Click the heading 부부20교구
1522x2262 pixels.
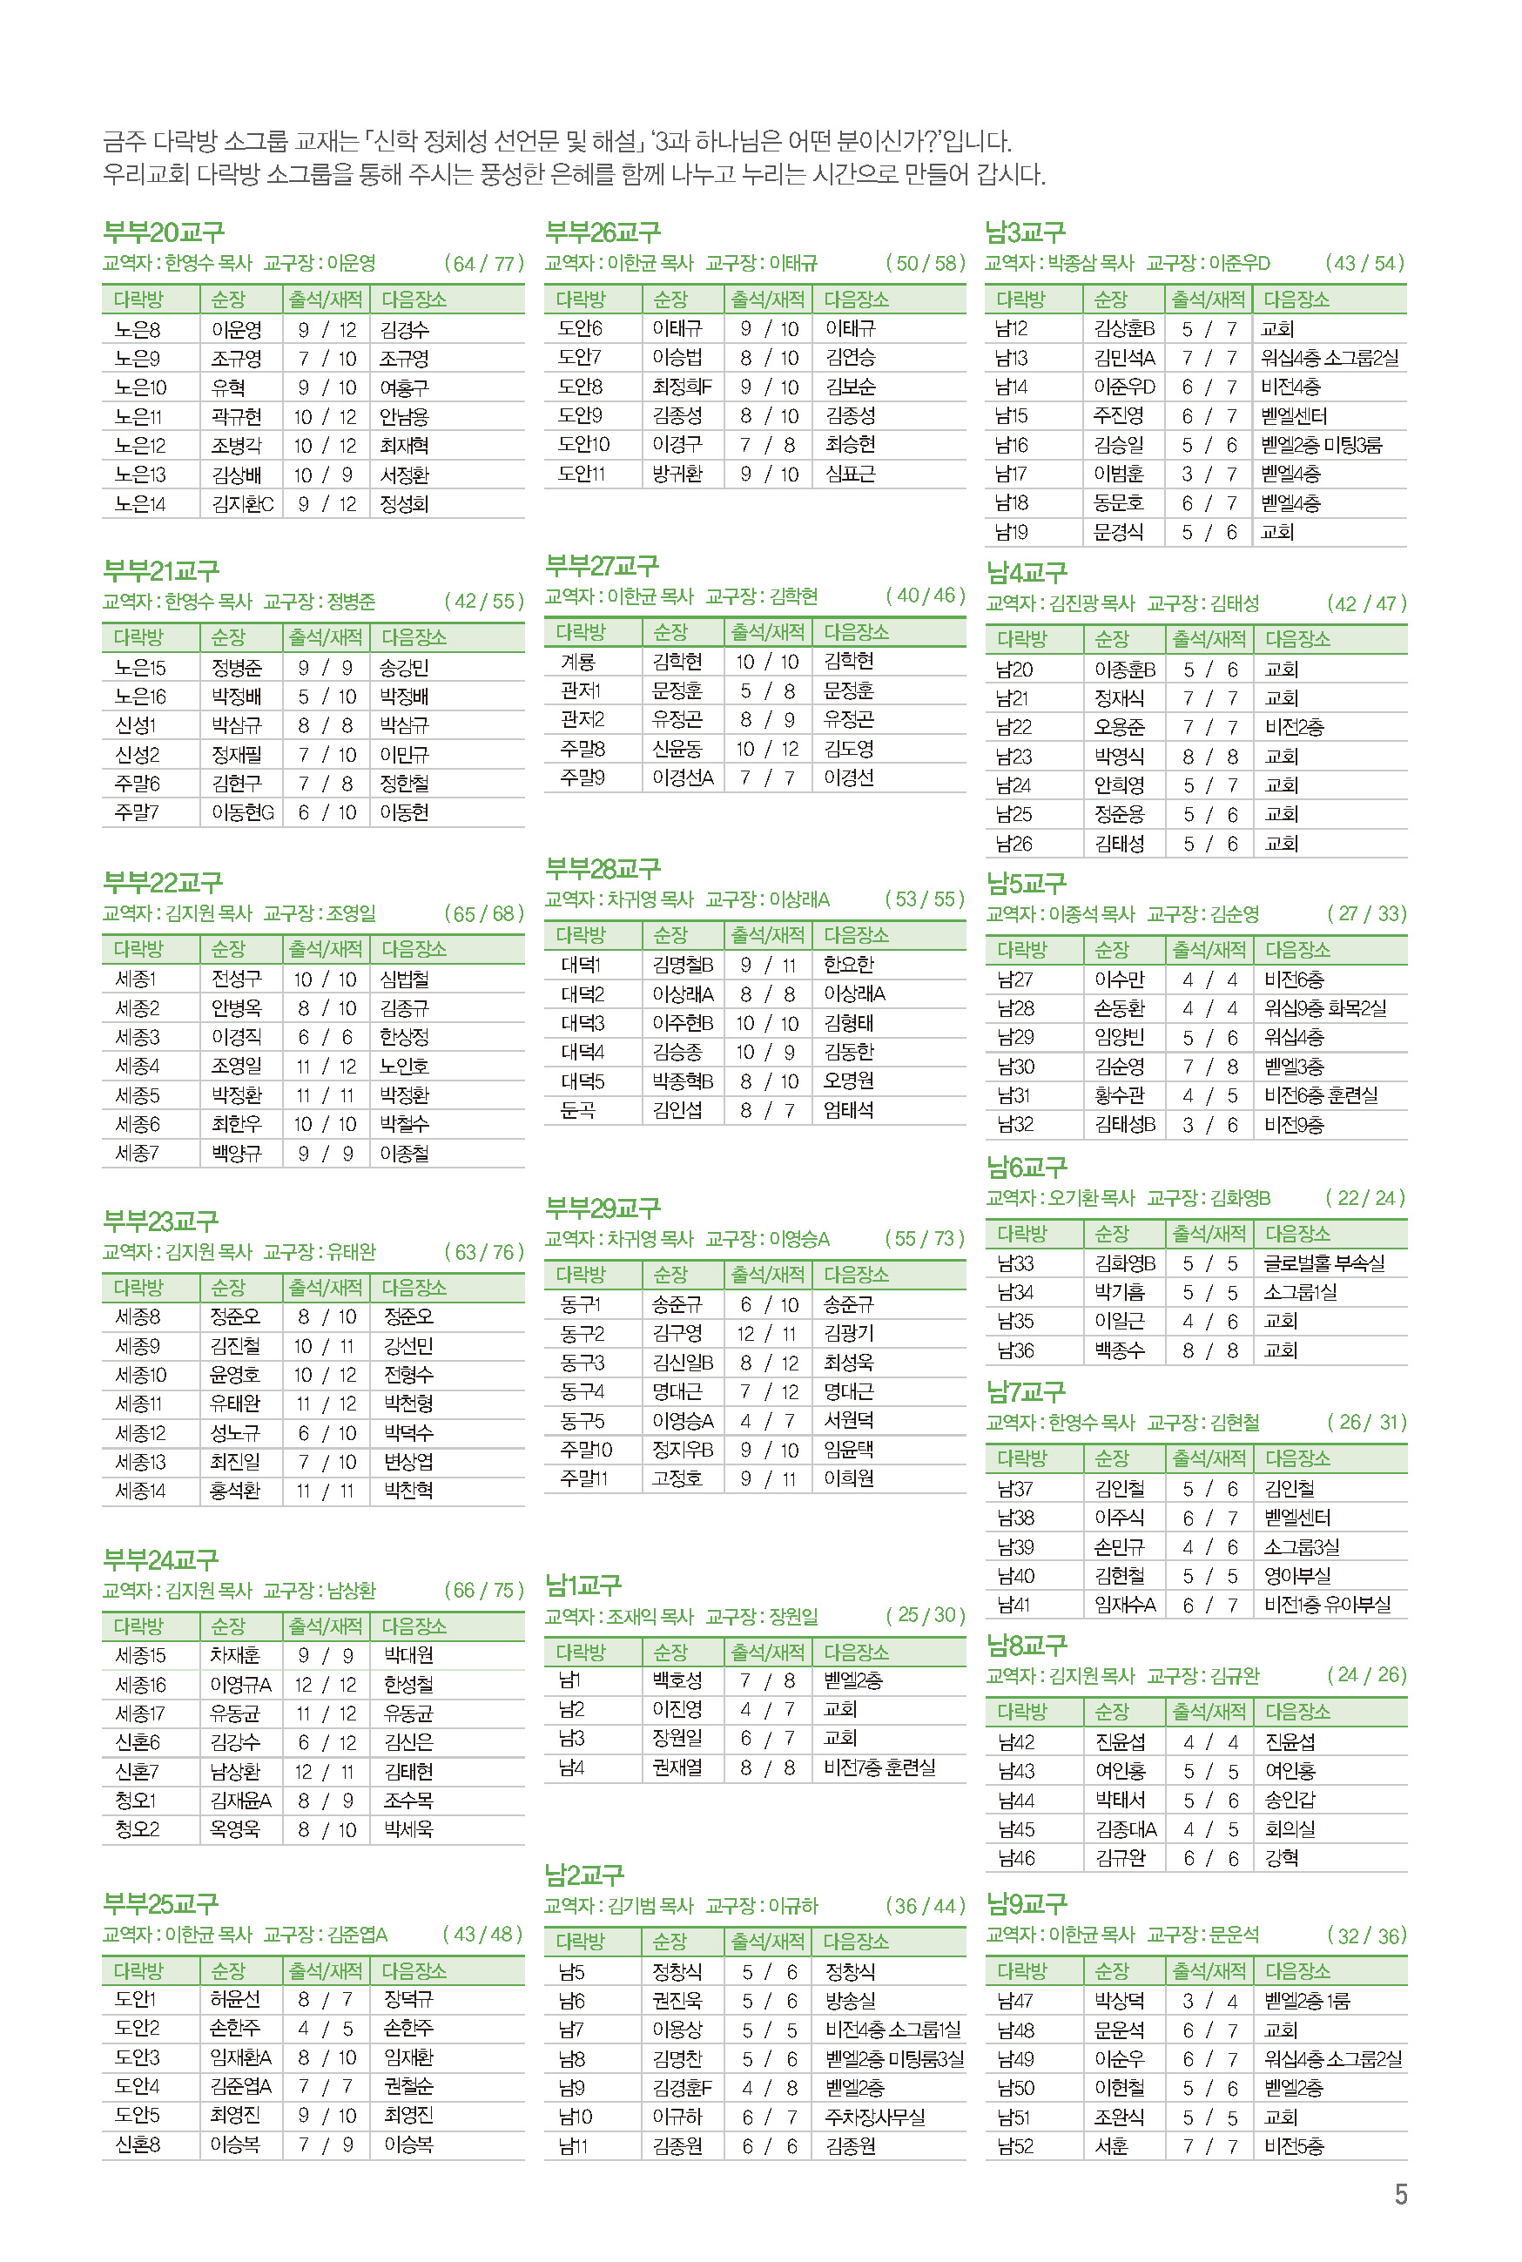[163, 232]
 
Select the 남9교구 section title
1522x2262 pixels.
[1026, 1903]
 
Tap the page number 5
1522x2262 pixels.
[1400, 2195]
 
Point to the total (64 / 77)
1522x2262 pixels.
[483, 263]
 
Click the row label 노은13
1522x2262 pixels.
[140, 475]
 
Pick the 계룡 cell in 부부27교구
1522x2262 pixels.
[577, 661]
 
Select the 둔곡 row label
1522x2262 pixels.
[577, 1110]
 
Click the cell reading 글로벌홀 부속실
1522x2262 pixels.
[1324, 1262]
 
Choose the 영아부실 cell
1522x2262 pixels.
[1296, 1576]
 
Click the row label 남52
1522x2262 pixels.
[1015, 2146]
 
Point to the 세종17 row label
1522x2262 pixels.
[140, 1713]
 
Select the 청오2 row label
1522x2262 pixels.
[137, 1830]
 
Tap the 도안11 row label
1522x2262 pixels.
[583, 474]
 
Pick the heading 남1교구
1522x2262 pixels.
[583, 1585]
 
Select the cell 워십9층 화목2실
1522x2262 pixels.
[1325, 1008]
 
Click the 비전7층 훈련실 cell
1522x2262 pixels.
[879, 1767]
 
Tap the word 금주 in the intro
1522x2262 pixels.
[125, 142]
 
